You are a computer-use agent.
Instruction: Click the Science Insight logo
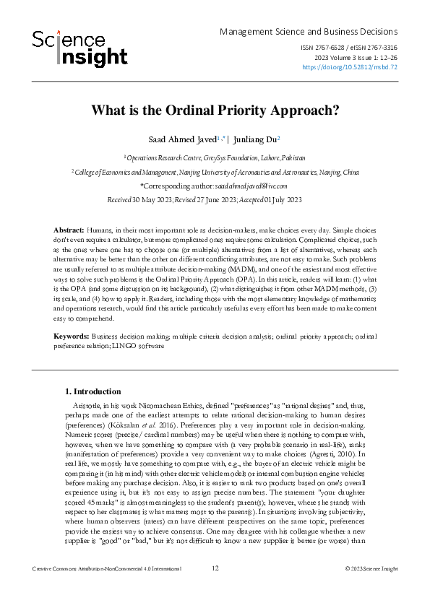click(79, 48)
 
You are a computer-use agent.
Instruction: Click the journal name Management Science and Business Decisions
click(308, 32)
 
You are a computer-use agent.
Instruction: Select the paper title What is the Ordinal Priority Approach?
click(215, 111)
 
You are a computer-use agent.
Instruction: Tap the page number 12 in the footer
click(215, 589)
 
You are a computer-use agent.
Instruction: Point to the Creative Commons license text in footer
click(107, 589)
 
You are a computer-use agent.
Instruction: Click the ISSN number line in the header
click(348, 48)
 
